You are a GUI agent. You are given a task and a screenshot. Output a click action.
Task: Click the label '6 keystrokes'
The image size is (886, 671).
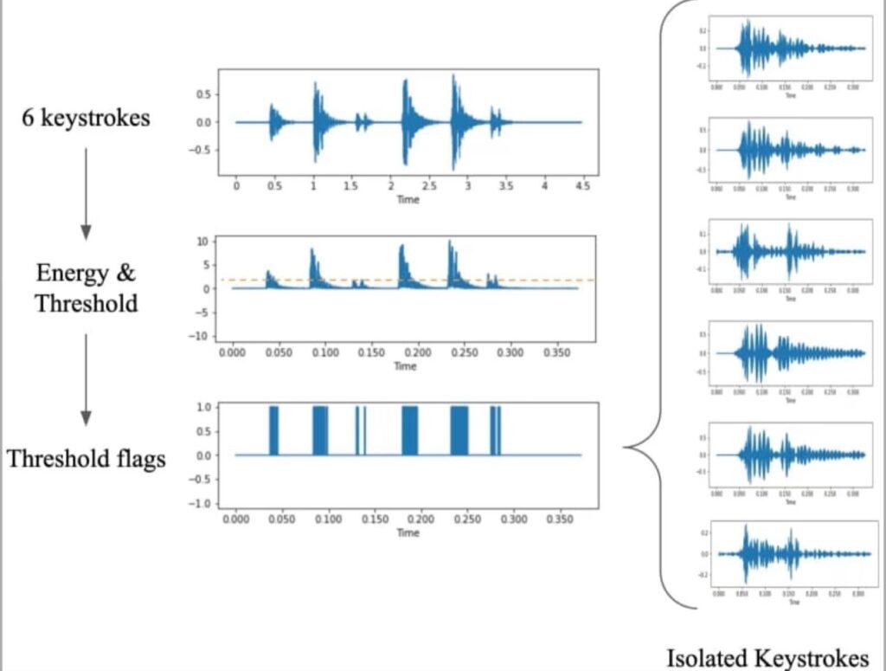coord(86,118)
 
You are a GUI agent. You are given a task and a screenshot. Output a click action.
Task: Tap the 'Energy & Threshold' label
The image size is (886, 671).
coord(86,288)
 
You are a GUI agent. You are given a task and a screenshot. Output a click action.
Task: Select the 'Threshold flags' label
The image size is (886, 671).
coord(86,458)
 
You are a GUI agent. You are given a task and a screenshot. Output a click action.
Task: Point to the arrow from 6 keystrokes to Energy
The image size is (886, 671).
coord(86,193)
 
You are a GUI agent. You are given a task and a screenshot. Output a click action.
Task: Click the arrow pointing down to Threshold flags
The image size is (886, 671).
coord(86,379)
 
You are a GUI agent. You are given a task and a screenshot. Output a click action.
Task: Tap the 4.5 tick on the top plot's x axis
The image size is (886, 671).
coord(582,186)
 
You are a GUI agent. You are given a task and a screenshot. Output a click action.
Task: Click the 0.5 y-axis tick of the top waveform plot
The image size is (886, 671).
coord(203,93)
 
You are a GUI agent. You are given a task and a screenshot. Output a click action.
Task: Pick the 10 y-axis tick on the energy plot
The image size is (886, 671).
coord(203,241)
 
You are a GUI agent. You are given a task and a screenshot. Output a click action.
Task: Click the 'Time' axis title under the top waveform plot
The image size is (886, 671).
coord(408,200)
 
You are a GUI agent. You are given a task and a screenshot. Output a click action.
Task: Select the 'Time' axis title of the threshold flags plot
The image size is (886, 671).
coord(408,533)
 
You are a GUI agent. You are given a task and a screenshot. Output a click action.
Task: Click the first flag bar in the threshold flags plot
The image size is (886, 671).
coord(274,430)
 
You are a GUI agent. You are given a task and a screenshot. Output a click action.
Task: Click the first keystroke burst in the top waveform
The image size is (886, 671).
coord(273,121)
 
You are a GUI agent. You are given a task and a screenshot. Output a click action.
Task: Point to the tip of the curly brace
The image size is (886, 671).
coord(626,448)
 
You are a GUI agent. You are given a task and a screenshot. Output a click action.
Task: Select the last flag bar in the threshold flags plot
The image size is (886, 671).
coord(497,430)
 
